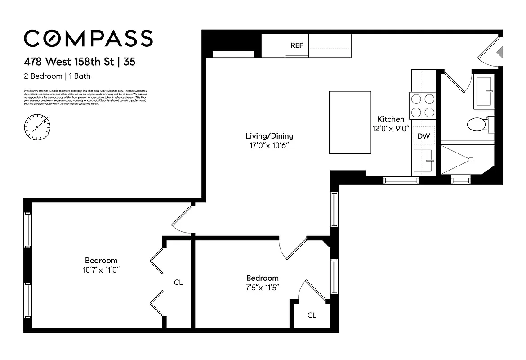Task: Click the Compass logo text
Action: point(88,38)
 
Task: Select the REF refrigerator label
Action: point(297,45)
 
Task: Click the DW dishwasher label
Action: point(423,135)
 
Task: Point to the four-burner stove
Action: point(423,105)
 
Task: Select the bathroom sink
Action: point(484,92)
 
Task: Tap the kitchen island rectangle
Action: point(350,122)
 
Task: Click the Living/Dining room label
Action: point(269,135)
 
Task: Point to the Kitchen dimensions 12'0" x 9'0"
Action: point(390,128)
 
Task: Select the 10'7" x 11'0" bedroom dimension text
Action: point(101,270)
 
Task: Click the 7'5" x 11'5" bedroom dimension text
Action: point(262,287)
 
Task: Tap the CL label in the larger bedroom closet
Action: point(178,283)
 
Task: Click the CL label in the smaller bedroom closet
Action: point(312,315)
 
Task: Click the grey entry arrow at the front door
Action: point(499,53)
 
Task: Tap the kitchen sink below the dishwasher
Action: point(423,160)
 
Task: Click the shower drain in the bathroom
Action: point(471,159)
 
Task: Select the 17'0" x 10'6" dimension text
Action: point(269,146)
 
